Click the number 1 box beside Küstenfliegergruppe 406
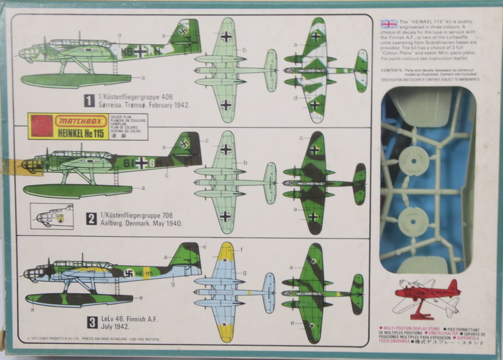(x=91, y=99)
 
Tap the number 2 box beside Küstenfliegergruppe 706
(x=91, y=219)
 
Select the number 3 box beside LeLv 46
(x=92, y=323)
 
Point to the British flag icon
(x=389, y=25)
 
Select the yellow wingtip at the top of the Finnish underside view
(x=226, y=251)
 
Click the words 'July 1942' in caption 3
(x=119, y=327)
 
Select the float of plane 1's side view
(x=75, y=80)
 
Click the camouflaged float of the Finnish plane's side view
(x=79, y=300)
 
